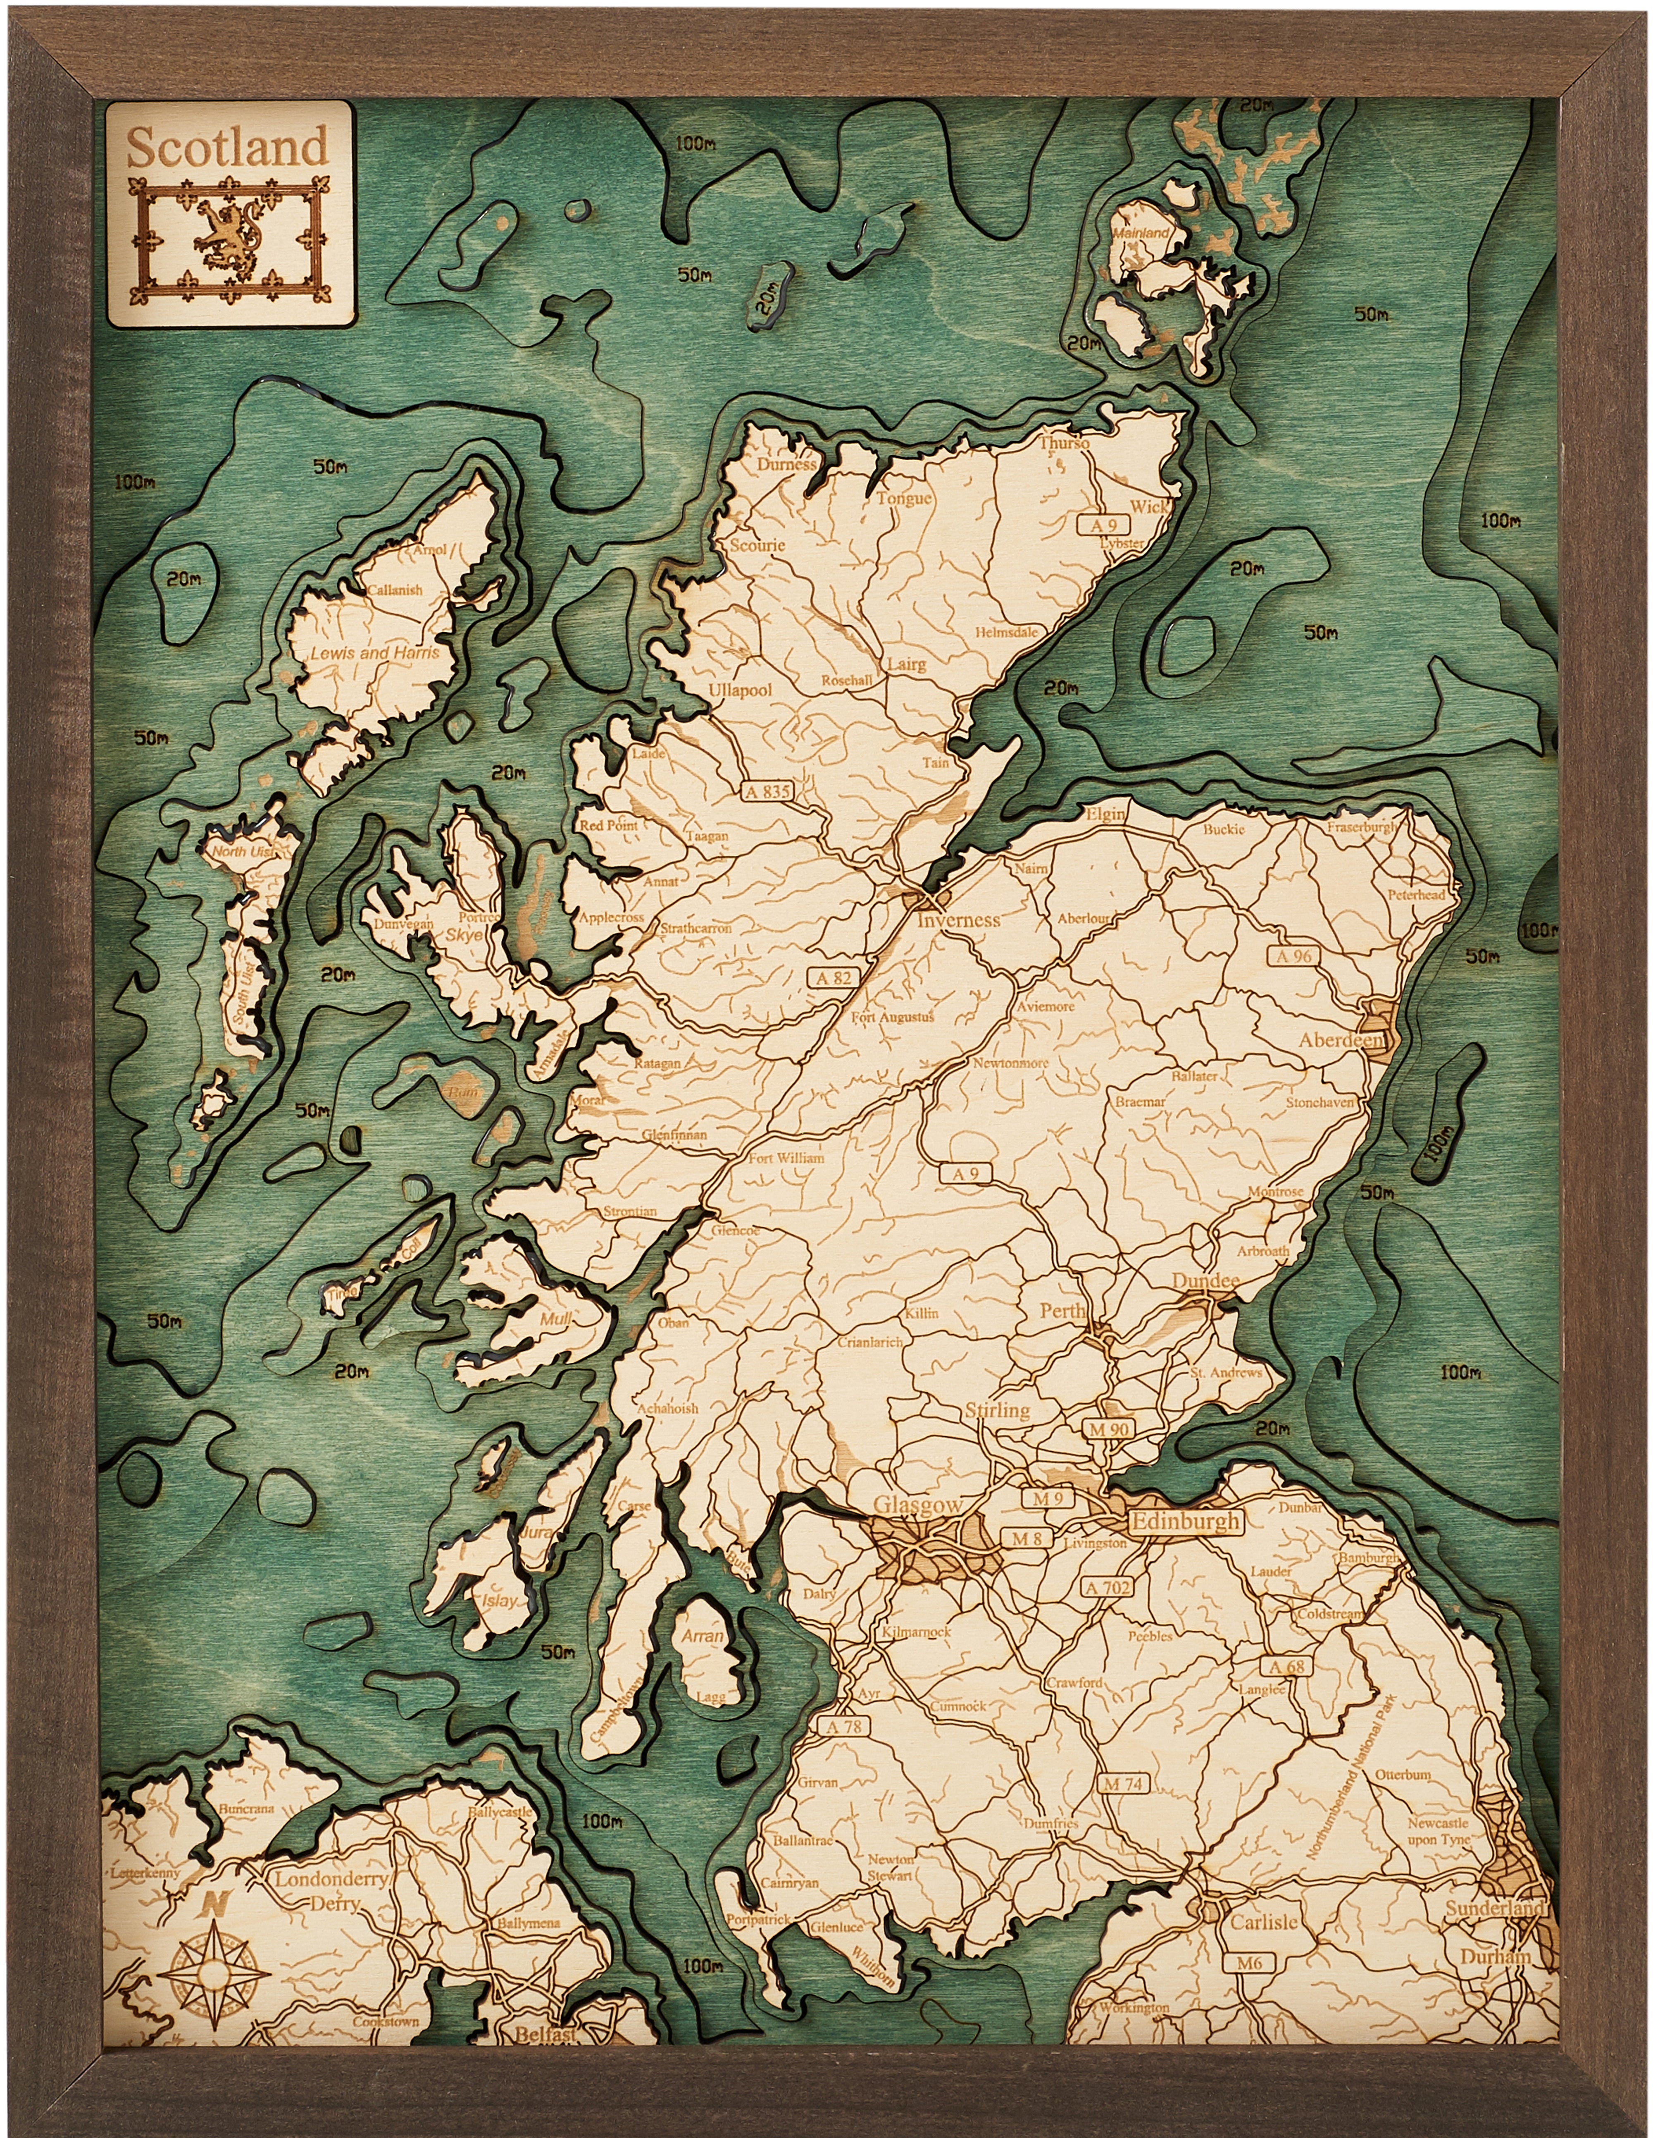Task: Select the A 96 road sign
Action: pyautogui.click(x=1292, y=956)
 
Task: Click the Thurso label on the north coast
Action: pyautogui.click(x=1064, y=442)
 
